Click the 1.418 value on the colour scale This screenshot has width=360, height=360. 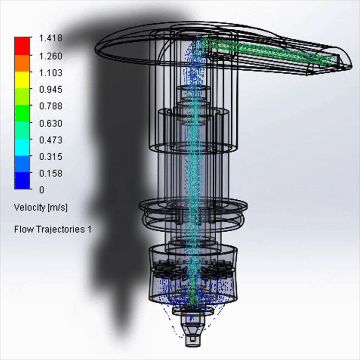[50, 38]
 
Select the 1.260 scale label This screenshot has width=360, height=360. [50, 56]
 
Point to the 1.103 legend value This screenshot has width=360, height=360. [50, 73]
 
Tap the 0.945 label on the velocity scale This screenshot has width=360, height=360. [50, 89]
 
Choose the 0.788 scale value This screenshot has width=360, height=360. [50, 106]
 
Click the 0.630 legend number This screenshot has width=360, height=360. [50, 123]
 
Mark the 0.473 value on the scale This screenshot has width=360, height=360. [50, 140]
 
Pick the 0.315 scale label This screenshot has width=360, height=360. [50, 157]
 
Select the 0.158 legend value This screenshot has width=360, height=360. [50, 173]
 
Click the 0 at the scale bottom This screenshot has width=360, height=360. [41, 190]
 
